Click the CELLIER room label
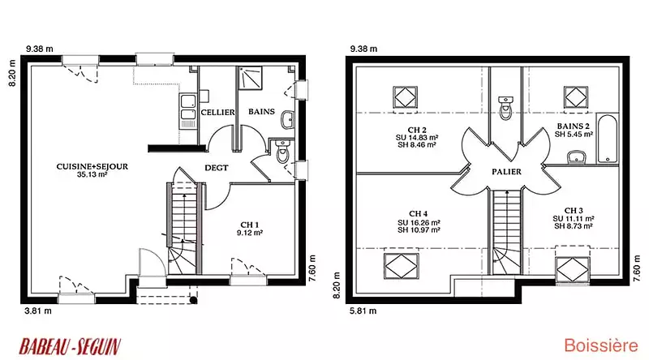pyautogui.click(x=217, y=112)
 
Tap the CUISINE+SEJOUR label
pyautogui.click(x=92, y=166)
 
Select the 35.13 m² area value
pyautogui.click(x=92, y=174)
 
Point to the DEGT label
pyautogui.click(x=217, y=168)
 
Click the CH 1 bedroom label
pyautogui.click(x=250, y=225)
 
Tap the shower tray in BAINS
pyautogui.click(x=250, y=78)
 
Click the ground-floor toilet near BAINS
pyautogui.click(x=283, y=151)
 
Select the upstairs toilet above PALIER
pyautogui.click(x=505, y=107)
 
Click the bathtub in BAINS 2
pyautogui.click(x=607, y=139)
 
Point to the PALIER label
pyautogui.click(x=506, y=171)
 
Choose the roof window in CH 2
pyautogui.click(x=405, y=97)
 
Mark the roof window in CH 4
pyautogui.click(x=401, y=266)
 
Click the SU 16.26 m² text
pyautogui.click(x=419, y=222)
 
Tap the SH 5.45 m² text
pyautogui.click(x=574, y=134)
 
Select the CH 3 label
pyautogui.click(x=574, y=211)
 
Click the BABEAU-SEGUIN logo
pyautogui.click(x=70, y=346)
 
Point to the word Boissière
pyautogui.click(x=601, y=345)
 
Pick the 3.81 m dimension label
pyautogui.click(x=38, y=311)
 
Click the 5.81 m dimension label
pyautogui.click(x=363, y=311)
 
